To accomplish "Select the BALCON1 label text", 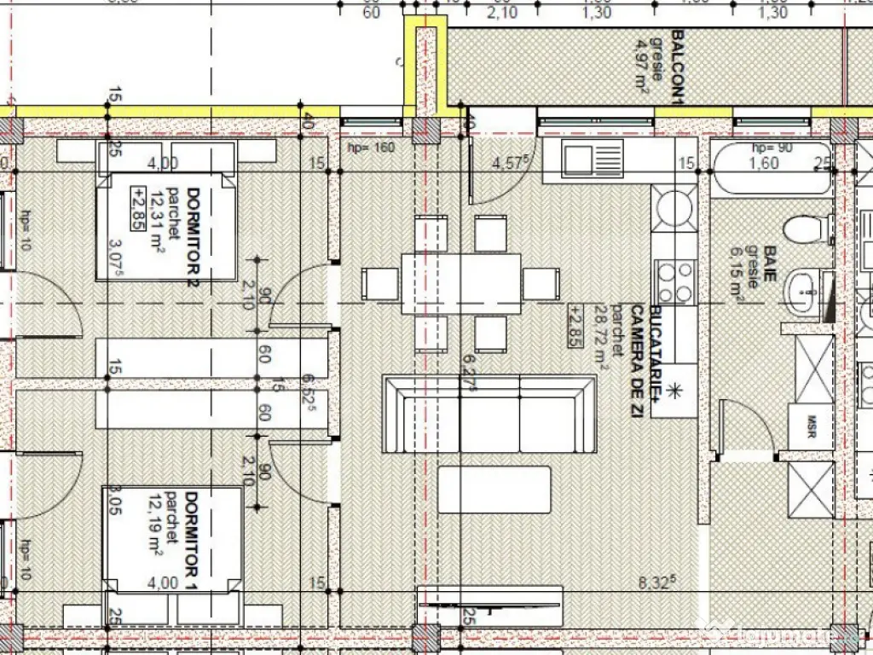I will pos(678,68).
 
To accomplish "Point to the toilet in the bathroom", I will pos(806,229).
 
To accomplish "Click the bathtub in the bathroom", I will pos(771,168).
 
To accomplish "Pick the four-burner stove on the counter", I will pos(674,282).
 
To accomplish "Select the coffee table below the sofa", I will pos(494,489).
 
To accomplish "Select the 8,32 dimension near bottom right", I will pos(656,583).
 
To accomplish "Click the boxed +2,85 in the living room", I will pos(576,324).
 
